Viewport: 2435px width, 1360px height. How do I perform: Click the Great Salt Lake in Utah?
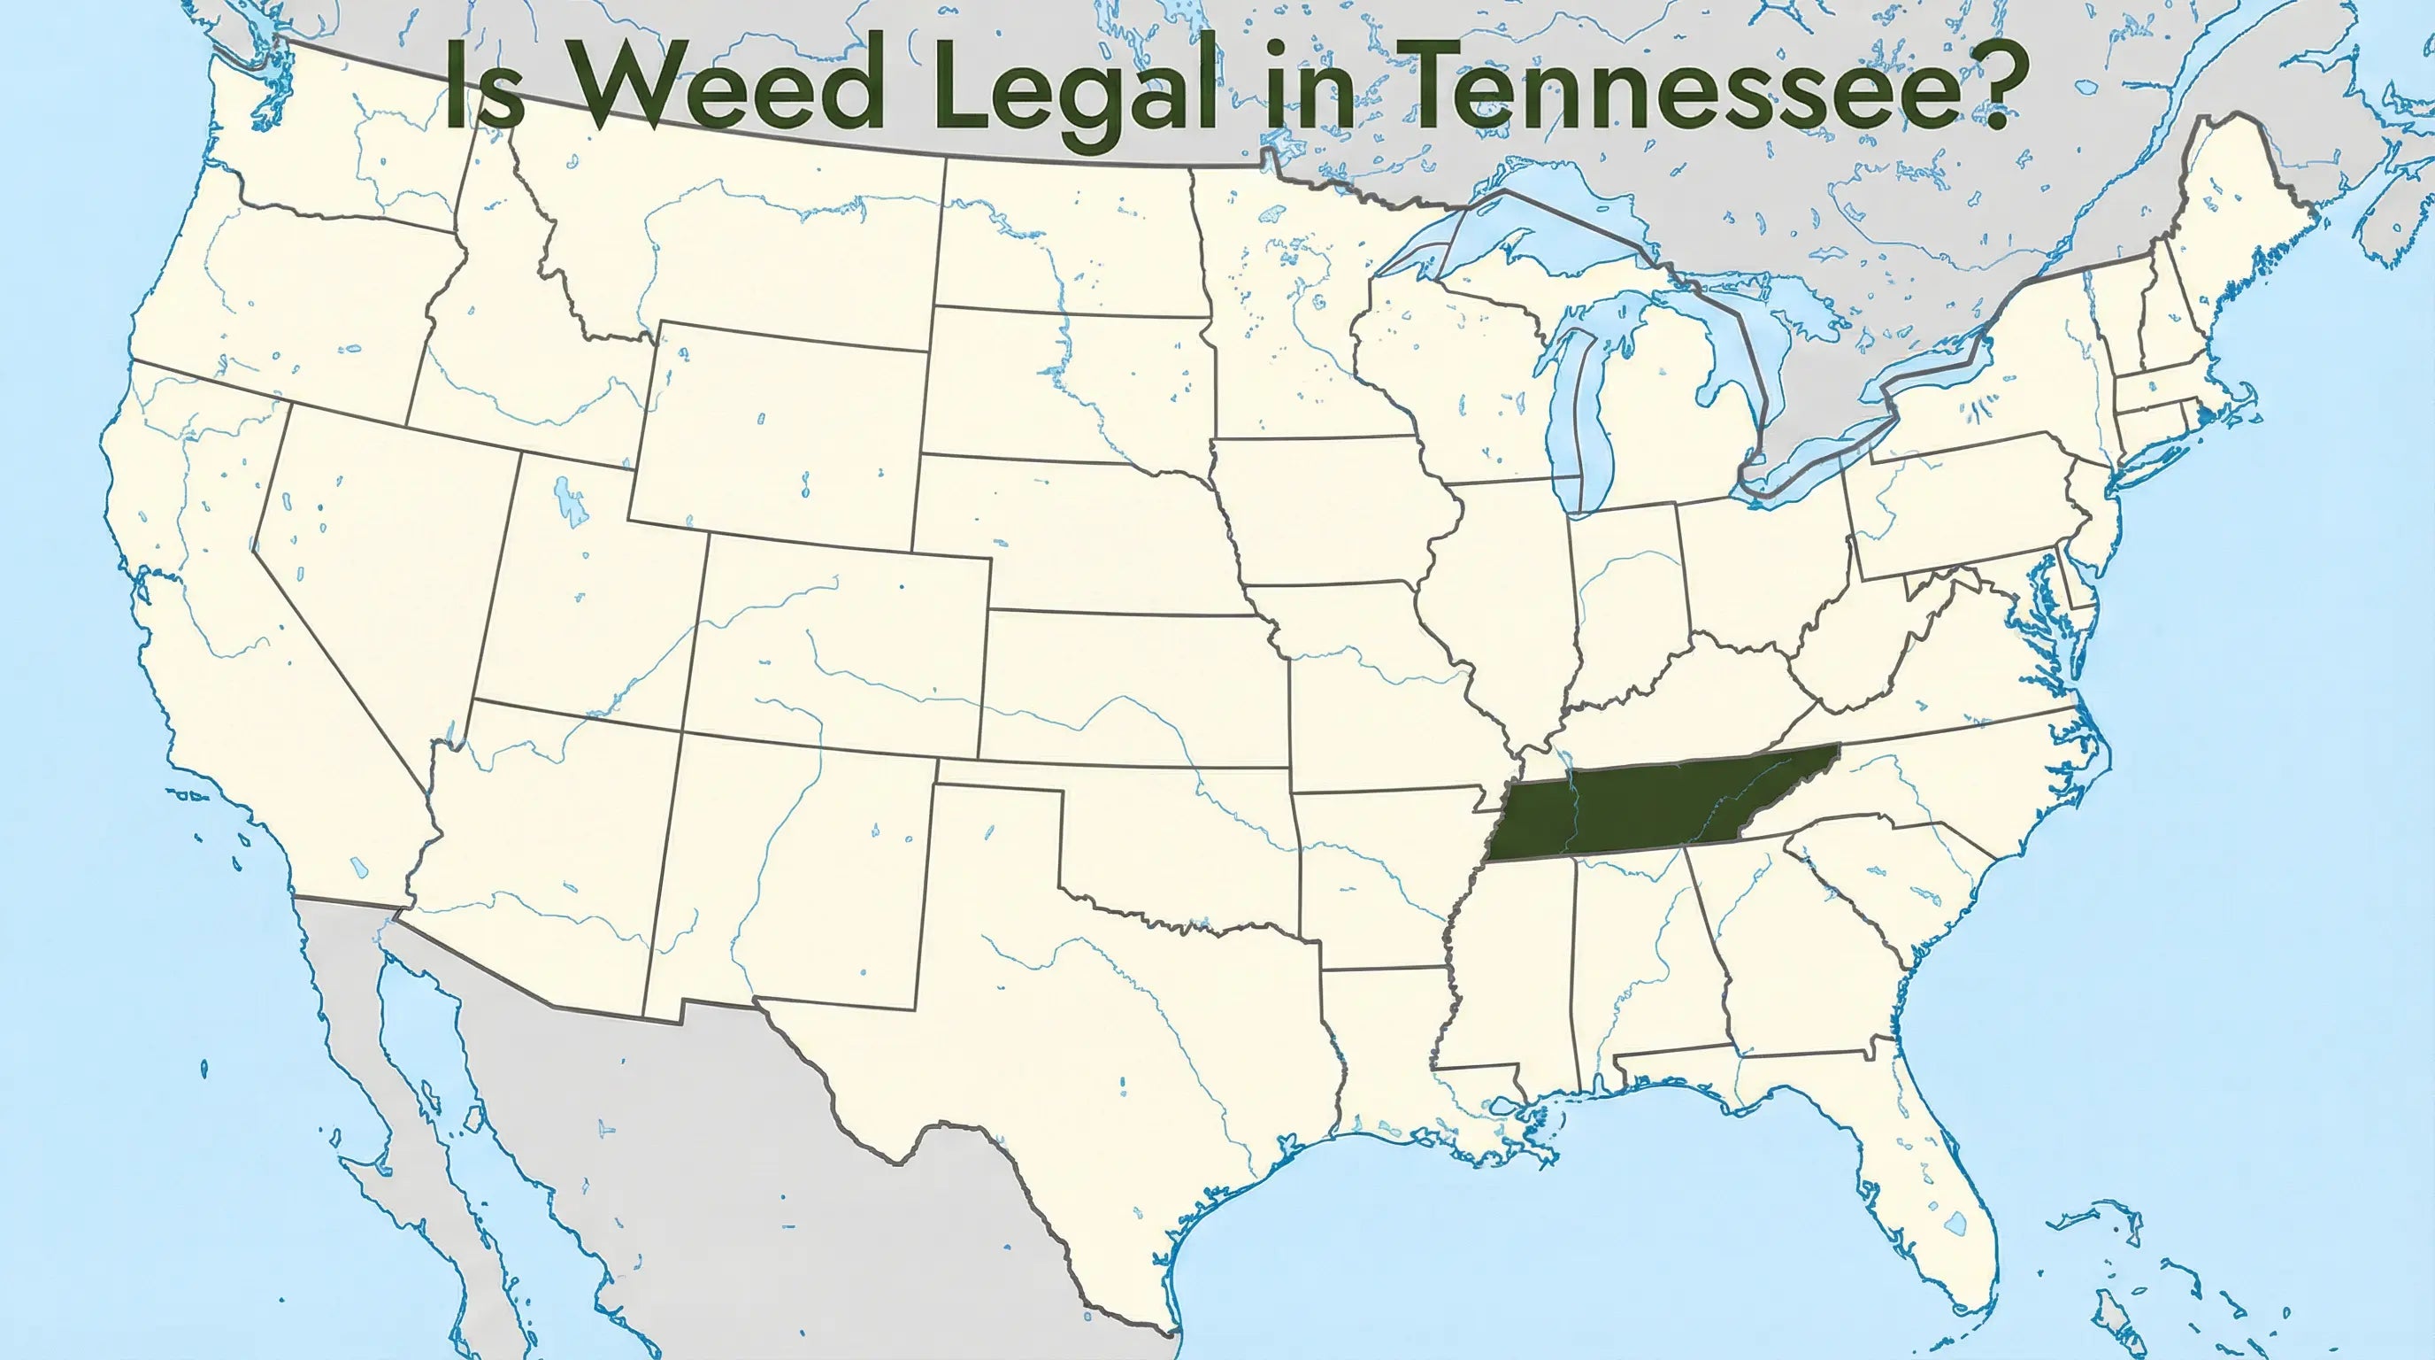pyautogui.click(x=568, y=501)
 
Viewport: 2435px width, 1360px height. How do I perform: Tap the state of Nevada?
pyautogui.click(x=378, y=568)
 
